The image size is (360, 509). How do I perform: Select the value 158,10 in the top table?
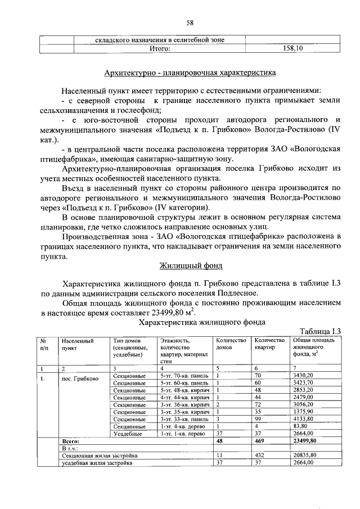coord(292,49)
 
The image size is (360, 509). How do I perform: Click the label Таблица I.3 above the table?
coord(321,331)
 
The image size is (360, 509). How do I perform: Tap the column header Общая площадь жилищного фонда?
coord(313,348)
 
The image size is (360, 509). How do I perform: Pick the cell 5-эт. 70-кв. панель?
coord(184,375)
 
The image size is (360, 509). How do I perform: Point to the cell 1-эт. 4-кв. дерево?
coord(184,426)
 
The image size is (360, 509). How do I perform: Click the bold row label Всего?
coord(70,442)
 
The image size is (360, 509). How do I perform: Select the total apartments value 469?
coord(260,442)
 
